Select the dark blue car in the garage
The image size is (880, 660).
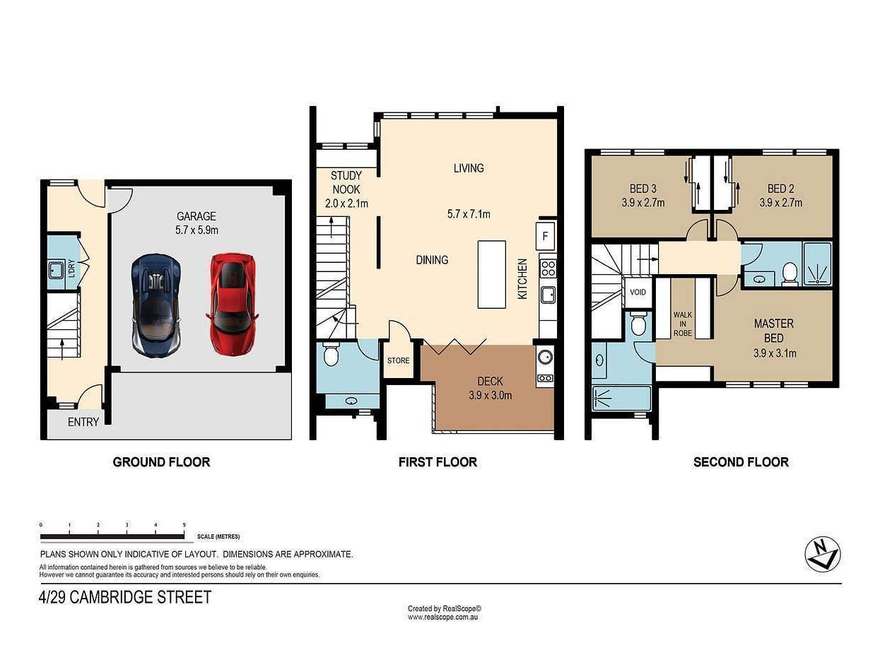156,305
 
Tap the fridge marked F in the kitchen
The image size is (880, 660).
545,236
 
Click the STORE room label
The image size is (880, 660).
398,360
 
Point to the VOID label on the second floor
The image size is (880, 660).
638,292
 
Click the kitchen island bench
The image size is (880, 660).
491,274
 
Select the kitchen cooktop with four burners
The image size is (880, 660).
548,268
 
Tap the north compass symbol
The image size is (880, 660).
823,555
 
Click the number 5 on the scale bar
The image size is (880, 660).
184,524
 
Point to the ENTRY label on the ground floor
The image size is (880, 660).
83,422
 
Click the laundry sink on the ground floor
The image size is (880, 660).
57,269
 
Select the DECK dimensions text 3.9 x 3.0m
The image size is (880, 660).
491,396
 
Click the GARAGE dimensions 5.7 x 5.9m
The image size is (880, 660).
196,230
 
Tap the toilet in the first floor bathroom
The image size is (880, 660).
331,354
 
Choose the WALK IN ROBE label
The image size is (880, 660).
682,324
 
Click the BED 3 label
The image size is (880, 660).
643,189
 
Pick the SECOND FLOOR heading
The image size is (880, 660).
741,462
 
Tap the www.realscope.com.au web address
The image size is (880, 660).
442,618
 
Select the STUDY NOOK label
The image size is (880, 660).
346,182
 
